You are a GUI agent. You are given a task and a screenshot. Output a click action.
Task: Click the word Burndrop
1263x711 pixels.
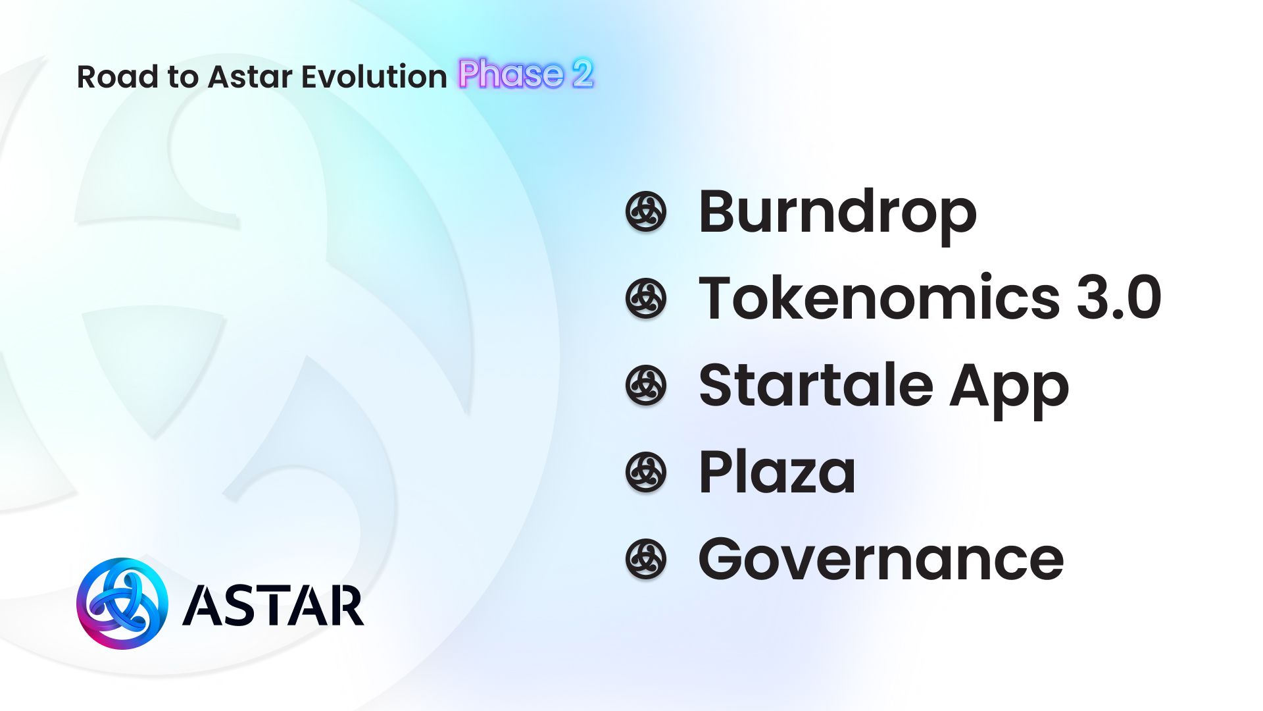pos(837,212)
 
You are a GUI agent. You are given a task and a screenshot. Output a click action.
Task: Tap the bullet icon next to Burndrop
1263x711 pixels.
pos(645,212)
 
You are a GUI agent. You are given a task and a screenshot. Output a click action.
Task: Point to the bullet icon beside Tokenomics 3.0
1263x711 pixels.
pos(645,298)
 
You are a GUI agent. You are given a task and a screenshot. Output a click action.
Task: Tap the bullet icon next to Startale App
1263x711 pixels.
pos(645,385)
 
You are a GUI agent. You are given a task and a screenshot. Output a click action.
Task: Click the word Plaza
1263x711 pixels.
pos(777,472)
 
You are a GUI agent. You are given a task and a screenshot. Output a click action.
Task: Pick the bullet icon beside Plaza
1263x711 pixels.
pos(645,472)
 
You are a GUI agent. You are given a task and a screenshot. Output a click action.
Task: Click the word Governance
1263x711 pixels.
pos(881,559)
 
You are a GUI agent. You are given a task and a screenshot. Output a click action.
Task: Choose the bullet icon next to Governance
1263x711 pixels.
pos(645,559)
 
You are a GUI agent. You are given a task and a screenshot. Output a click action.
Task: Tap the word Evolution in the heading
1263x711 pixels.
pos(374,77)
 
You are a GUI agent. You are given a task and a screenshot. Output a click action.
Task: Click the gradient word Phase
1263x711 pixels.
pos(511,74)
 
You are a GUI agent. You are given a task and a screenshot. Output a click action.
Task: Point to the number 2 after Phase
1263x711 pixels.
pos(582,74)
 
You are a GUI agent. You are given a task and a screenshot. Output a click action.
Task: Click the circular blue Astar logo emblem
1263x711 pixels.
pos(122,604)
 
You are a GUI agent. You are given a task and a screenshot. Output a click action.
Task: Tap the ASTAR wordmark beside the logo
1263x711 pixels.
pos(273,605)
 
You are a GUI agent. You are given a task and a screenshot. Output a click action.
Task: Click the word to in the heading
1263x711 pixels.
pos(182,78)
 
